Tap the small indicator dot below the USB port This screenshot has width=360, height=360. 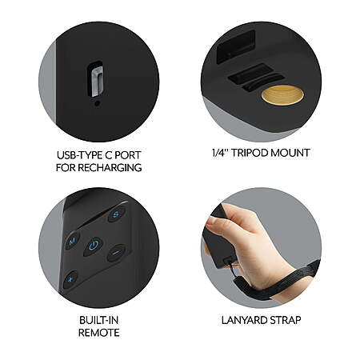click(98, 103)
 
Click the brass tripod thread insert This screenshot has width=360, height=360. click(282, 95)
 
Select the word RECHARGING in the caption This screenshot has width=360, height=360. click(110, 167)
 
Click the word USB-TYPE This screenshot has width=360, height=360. click(79, 155)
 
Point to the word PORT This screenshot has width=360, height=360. click(127, 155)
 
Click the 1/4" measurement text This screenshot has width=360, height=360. click(220, 153)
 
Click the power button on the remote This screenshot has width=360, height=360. click(94, 246)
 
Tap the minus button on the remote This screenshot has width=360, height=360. click(116, 253)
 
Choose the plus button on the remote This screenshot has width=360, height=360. click(70, 279)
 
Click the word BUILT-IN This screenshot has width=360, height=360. click(98, 320)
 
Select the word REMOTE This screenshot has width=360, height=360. click(98, 333)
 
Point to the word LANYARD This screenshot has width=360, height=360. click(242, 320)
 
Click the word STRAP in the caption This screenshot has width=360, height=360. click(284, 320)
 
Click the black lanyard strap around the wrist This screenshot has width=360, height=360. click(278, 282)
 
